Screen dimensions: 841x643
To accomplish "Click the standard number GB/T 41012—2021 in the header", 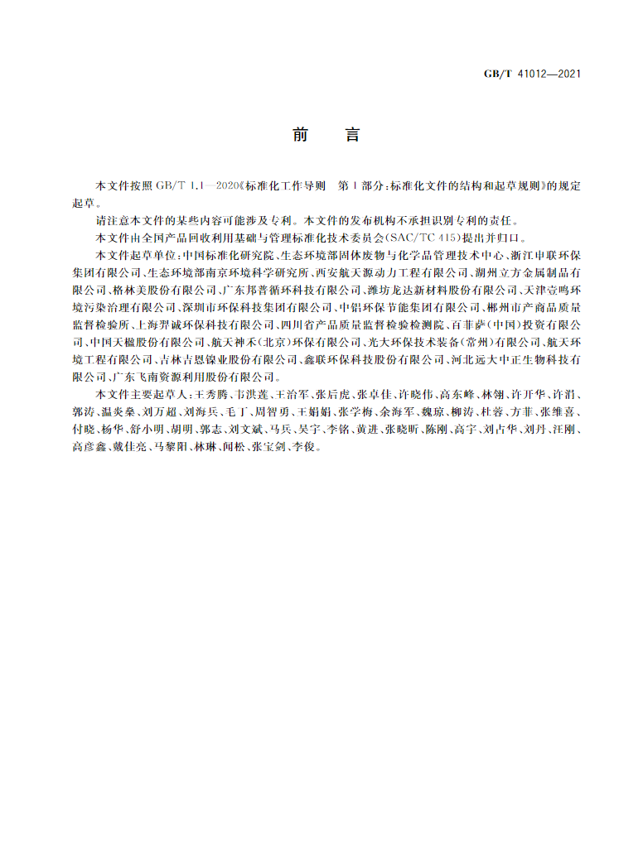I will click(x=532, y=74).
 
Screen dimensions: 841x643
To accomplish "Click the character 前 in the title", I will click(x=300, y=135).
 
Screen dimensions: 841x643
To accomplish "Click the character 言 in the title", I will click(x=352, y=135).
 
